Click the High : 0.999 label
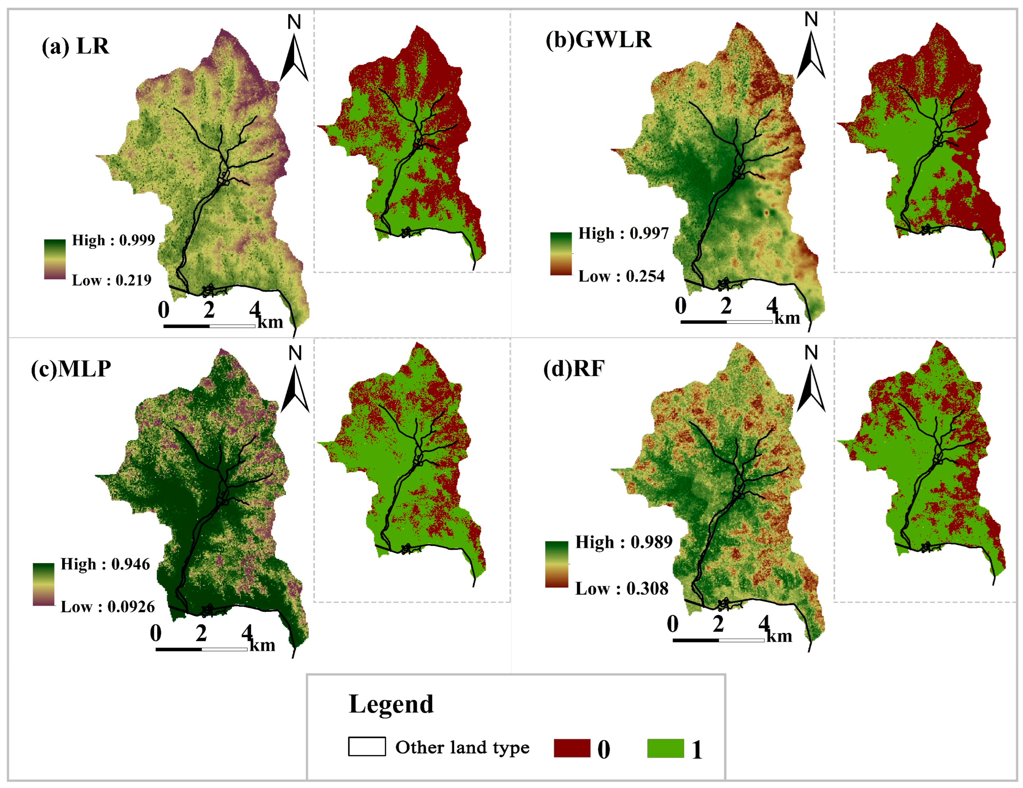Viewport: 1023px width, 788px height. point(113,240)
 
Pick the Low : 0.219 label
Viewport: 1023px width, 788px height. point(111,281)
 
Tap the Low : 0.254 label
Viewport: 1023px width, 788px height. point(621,276)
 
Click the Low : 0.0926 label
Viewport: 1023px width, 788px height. point(107,607)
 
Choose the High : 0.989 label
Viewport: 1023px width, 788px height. point(624,542)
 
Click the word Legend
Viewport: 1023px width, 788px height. point(391,704)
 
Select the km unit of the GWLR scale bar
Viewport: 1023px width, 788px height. point(787,318)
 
